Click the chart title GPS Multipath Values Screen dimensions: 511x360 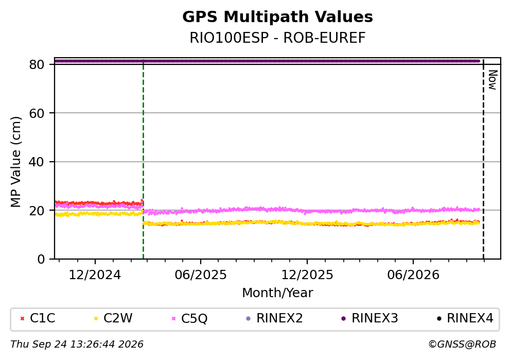(x=277, y=17)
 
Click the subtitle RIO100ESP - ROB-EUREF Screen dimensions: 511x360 (x=277, y=38)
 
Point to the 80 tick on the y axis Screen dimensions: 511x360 (x=37, y=64)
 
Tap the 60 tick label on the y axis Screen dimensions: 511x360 (x=37, y=113)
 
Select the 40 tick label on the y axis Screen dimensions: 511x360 (x=37, y=162)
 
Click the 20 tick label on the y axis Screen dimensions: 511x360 (x=37, y=211)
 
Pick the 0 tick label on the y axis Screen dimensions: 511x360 (x=41, y=259)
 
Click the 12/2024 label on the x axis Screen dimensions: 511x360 (x=95, y=275)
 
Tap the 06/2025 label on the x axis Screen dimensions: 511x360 (x=200, y=275)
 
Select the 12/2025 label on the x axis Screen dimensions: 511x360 (x=307, y=275)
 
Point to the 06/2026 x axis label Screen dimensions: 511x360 (x=413, y=275)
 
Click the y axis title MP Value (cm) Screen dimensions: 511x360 (x=15, y=162)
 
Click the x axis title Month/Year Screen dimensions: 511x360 (x=277, y=293)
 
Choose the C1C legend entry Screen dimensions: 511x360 (x=38, y=318)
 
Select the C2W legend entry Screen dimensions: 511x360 (x=113, y=318)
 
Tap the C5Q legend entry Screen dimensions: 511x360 (x=189, y=318)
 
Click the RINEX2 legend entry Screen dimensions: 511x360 (x=274, y=318)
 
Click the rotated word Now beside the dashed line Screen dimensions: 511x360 (x=493, y=80)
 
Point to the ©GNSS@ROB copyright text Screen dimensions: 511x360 (x=462, y=345)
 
